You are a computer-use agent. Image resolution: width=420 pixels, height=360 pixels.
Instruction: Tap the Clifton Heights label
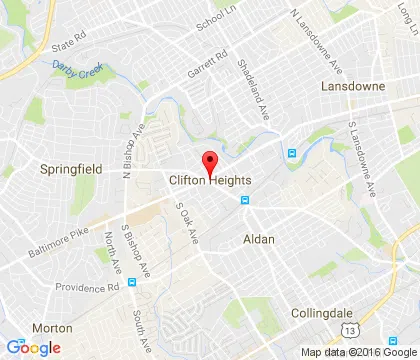tap(210, 180)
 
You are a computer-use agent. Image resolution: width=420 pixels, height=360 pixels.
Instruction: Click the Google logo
tap(32, 347)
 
